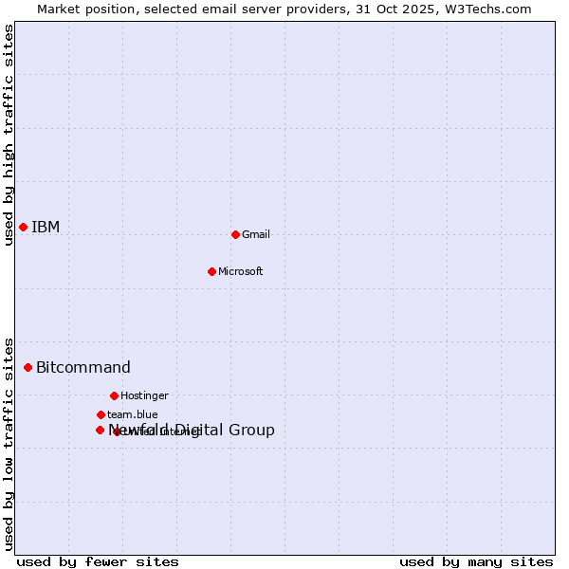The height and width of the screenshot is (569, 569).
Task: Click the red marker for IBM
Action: pyautogui.click(x=23, y=227)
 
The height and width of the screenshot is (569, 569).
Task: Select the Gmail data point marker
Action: pyautogui.click(x=235, y=234)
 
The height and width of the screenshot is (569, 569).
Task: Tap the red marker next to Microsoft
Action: pyautogui.click(x=211, y=271)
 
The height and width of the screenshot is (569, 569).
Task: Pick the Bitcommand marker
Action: pyautogui.click(x=28, y=367)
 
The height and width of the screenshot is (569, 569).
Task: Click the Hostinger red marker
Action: pyautogui.click(x=114, y=395)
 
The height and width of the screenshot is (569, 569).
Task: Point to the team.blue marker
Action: pyautogui.click(x=101, y=414)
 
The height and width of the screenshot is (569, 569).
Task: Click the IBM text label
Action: pyautogui.click(x=46, y=227)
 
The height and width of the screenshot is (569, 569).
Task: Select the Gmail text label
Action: pyautogui.click(x=256, y=234)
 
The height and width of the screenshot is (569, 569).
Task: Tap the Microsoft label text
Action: pyautogui.click(x=241, y=271)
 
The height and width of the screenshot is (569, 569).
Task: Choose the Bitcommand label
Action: pyautogui.click(x=83, y=367)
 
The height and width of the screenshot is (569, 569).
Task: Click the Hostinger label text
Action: pyautogui.click(x=144, y=395)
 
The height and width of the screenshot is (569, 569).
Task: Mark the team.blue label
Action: pyautogui.click(x=133, y=414)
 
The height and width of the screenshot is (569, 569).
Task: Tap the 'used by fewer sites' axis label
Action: pyautogui.click(x=98, y=561)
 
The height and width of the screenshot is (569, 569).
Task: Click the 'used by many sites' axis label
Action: pyautogui.click(x=476, y=561)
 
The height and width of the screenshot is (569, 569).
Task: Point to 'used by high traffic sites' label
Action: pyautogui.click(x=9, y=135)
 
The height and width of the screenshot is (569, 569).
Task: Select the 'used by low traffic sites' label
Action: pyautogui.click(x=9, y=443)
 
